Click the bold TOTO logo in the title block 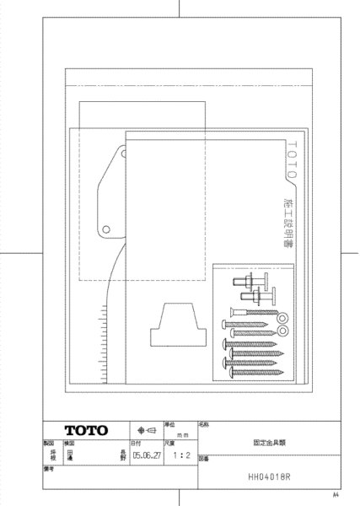coord(87,430)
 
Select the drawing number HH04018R coord(270,476)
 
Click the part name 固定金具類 coord(268,441)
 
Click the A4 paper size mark coord(335,494)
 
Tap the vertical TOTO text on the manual coord(291,160)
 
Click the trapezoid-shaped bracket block coord(175,325)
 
